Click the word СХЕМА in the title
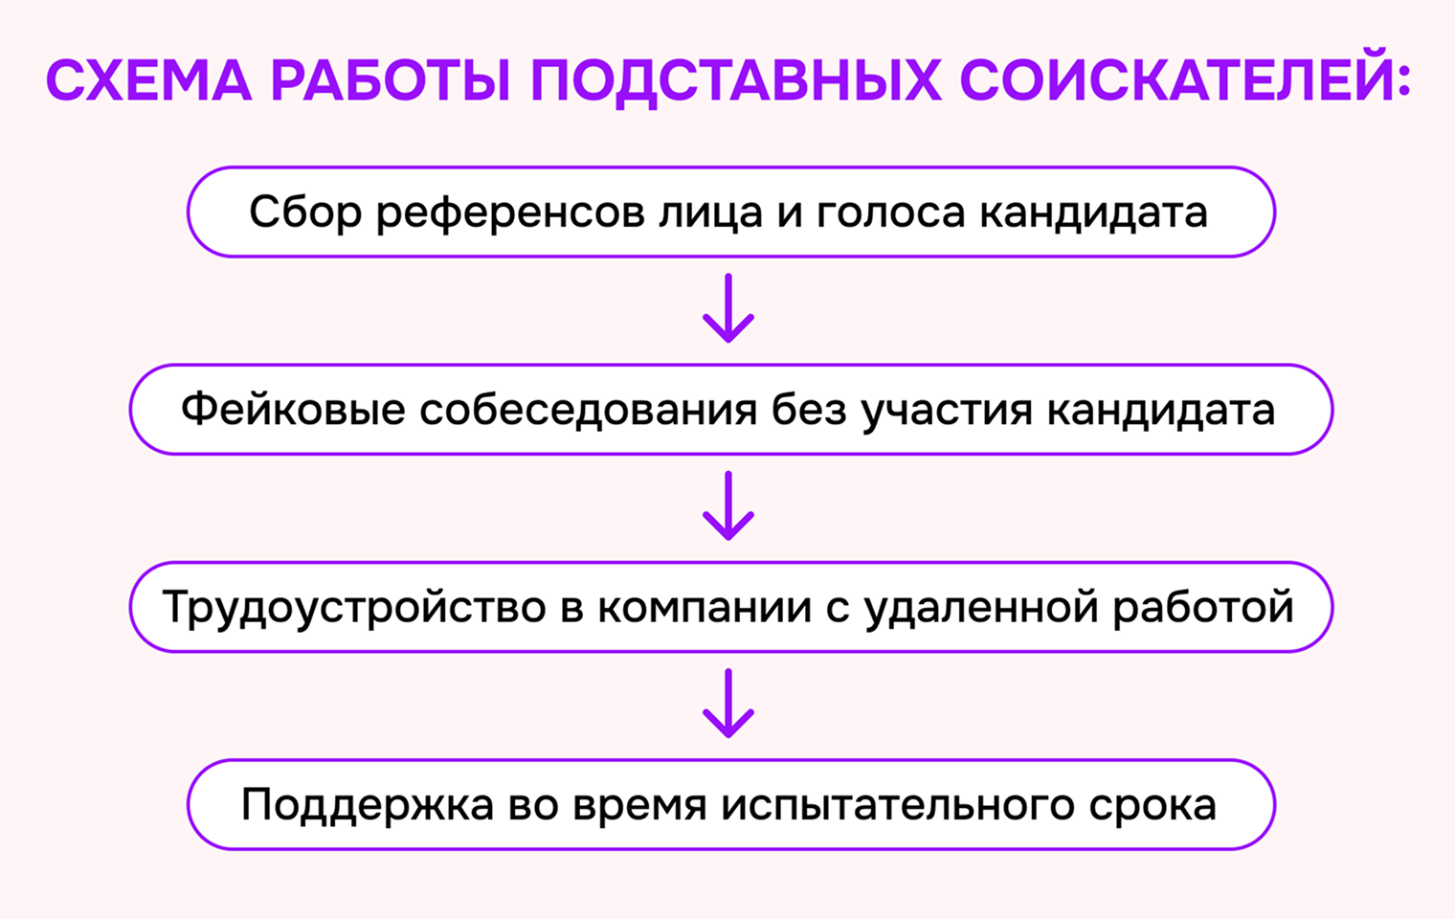coord(148,80)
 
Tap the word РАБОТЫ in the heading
coord(391,80)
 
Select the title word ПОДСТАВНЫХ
coord(735,81)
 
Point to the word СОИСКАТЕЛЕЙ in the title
coord(1185,76)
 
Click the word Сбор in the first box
coord(305,213)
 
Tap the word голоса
coord(890,213)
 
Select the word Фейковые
coord(293,410)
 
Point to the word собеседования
coord(589,410)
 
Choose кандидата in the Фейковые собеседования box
coord(1161,411)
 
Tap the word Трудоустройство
coord(354,609)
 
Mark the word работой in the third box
coord(1203,609)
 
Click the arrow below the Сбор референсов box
coord(728,308)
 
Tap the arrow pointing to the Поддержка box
coord(728,704)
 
